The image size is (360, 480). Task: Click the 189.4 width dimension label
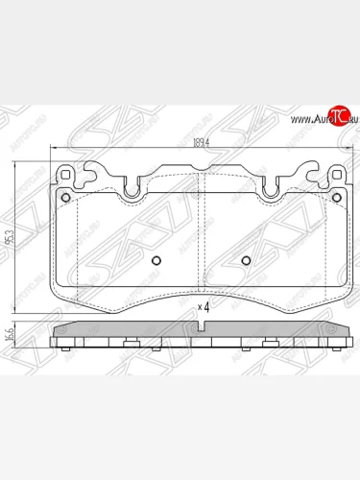[200, 144]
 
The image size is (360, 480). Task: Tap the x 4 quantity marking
[203, 306]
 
